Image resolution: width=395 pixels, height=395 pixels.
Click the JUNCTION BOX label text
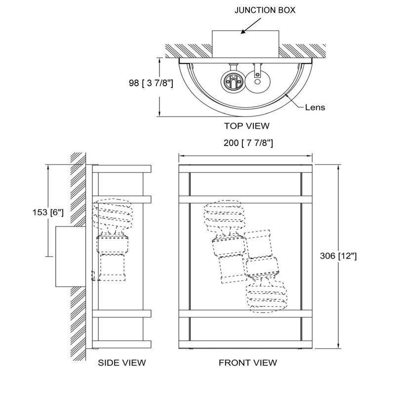pos(265,10)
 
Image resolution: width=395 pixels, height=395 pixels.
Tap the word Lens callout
pos(315,107)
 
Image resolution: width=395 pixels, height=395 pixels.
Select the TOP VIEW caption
pos(247,126)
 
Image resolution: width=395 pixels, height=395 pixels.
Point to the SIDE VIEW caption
pos(122,362)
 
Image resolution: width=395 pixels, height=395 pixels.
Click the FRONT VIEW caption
pos(248,362)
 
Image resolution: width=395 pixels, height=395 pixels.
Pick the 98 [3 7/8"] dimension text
pos(151,83)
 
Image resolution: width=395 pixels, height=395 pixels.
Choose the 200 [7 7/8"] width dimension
pos(248,143)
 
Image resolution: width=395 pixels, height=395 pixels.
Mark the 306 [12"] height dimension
pos(338,256)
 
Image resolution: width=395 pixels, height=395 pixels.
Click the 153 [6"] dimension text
pos(48,212)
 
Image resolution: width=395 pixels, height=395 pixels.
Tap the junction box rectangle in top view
pos(245,44)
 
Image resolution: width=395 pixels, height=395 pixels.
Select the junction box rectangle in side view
pos(71,256)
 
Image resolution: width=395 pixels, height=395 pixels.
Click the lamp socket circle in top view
pos(233,81)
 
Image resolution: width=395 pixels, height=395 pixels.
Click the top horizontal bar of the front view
pos(245,168)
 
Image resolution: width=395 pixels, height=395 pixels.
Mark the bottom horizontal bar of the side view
pos(121,344)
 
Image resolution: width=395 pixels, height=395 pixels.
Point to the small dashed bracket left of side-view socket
pos(93,276)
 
